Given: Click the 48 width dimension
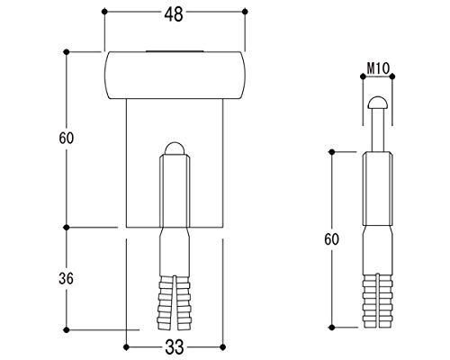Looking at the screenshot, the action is (x=174, y=14).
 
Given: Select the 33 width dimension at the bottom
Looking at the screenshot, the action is (x=175, y=347).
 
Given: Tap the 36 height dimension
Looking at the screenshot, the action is (x=66, y=279).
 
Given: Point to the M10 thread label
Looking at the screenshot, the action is (x=378, y=68).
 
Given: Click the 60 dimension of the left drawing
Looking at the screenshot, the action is (x=66, y=139).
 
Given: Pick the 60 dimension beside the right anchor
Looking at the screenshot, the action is (x=331, y=239).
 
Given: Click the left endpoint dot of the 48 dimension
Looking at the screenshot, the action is (x=104, y=12).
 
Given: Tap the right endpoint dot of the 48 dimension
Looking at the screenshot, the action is (x=245, y=12).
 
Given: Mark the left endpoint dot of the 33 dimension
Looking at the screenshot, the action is (x=126, y=347).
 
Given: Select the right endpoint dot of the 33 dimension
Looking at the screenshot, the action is (x=222, y=347).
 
